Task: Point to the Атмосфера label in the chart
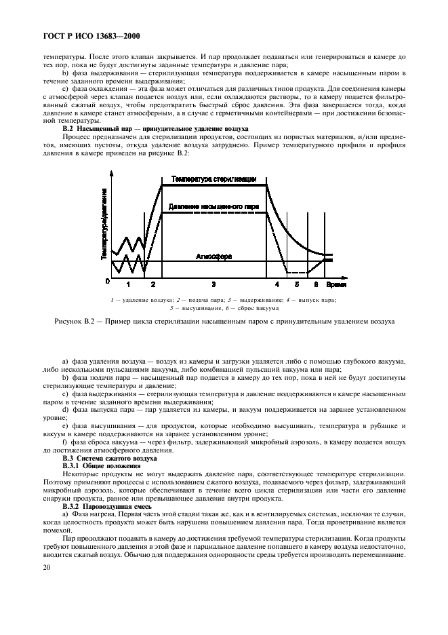[x=213, y=256]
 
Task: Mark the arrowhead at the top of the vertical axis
[x=112, y=172]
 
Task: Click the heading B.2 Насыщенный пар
[x=155, y=128]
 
